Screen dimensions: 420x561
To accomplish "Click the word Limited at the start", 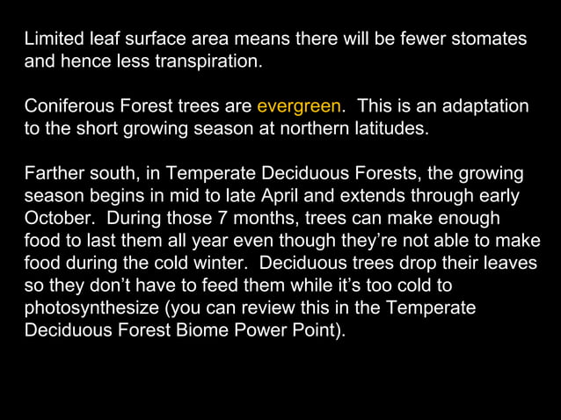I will pyautogui.click(x=52, y=40).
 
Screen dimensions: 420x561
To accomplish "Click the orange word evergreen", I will pyautogui.click(x=299, y=107).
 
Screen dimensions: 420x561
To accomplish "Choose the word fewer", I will pyautogui.click(x=421, y=40).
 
